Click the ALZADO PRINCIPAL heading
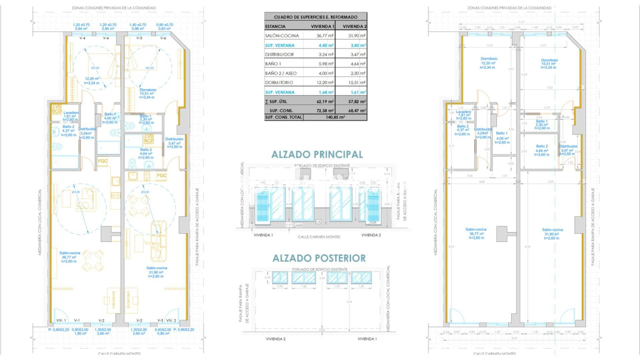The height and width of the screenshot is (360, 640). point(317,154)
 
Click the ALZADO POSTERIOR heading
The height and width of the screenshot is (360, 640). point(319,258)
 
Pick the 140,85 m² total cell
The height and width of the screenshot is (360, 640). point(335,117)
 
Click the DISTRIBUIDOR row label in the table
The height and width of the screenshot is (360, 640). point(279,54)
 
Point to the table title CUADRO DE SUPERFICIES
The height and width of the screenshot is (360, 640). point(315,17)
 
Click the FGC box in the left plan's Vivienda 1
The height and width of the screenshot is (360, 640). point(103,161)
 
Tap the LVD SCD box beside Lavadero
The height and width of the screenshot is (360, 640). point(56,108)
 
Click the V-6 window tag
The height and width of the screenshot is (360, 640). point(163,38)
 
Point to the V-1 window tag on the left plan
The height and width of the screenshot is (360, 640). point(77,320)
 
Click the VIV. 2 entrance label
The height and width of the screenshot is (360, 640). point(171,320)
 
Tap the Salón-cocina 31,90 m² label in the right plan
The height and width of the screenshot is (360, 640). point(552,234)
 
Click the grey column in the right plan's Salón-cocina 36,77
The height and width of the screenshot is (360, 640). point(501,234)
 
